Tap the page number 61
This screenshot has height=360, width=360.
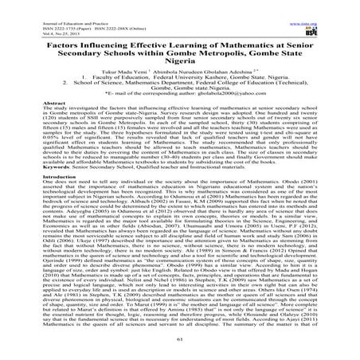point(179,345)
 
